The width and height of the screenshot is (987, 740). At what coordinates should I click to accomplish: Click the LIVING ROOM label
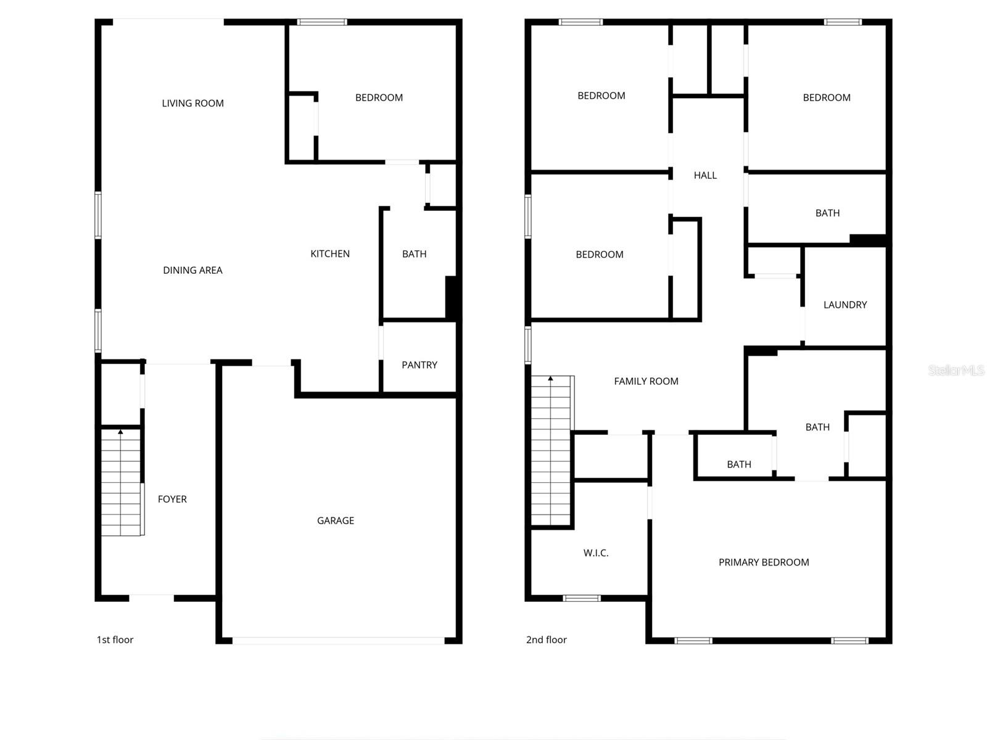[192, 103]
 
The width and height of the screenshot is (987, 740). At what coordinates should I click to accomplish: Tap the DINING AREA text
[192, 270]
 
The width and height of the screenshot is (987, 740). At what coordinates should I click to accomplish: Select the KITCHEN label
[330, 253]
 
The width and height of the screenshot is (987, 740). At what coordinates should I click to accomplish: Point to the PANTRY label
[419, 365]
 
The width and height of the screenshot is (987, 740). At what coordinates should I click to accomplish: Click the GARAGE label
[336, 520]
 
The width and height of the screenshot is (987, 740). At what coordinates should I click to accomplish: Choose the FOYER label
[172, 499]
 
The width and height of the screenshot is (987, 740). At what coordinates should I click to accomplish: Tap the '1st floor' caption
[115, 639]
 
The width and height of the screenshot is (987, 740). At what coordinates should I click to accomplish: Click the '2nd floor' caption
[547, 639]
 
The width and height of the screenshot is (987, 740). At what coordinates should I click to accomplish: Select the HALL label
[705, 175]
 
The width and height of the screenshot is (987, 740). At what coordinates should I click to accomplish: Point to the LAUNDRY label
[845, 305]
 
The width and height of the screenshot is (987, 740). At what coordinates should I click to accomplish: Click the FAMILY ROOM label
[646, 381]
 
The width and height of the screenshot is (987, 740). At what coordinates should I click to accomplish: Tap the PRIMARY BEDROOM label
[764, 562]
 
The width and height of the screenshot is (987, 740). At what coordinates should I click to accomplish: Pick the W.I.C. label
[596, 553]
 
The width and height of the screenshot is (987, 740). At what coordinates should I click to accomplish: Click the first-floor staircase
[122, 484]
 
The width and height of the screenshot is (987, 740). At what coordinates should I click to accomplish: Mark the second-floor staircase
[551, 453]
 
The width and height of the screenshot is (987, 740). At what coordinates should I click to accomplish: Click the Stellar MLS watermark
[956, 370]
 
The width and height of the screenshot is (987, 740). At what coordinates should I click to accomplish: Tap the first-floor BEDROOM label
[379, 97]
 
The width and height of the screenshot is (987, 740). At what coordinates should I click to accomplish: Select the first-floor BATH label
[415, 253]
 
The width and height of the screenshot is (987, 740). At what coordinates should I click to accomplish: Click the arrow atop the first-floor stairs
[120, 432]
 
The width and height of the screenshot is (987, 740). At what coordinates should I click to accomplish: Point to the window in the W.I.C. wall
[582, 598]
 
